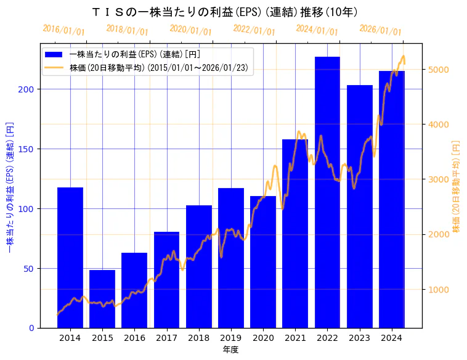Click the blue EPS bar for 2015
(x=102, y=299)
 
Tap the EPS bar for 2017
(x=166, y=280)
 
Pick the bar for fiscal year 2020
(x=263, y=262)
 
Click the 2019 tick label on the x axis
(x=231, y=338)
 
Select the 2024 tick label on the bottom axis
(x=392, y=338)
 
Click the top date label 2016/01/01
(x=63, y=30)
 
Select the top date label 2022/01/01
(x=254, y=30)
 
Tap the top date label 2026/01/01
(x=380, y=30)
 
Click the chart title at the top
(x=225, y=12)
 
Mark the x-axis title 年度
(x=231, y=350)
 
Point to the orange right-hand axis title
(x=456, y=186)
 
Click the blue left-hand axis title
(x=9, y=186)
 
